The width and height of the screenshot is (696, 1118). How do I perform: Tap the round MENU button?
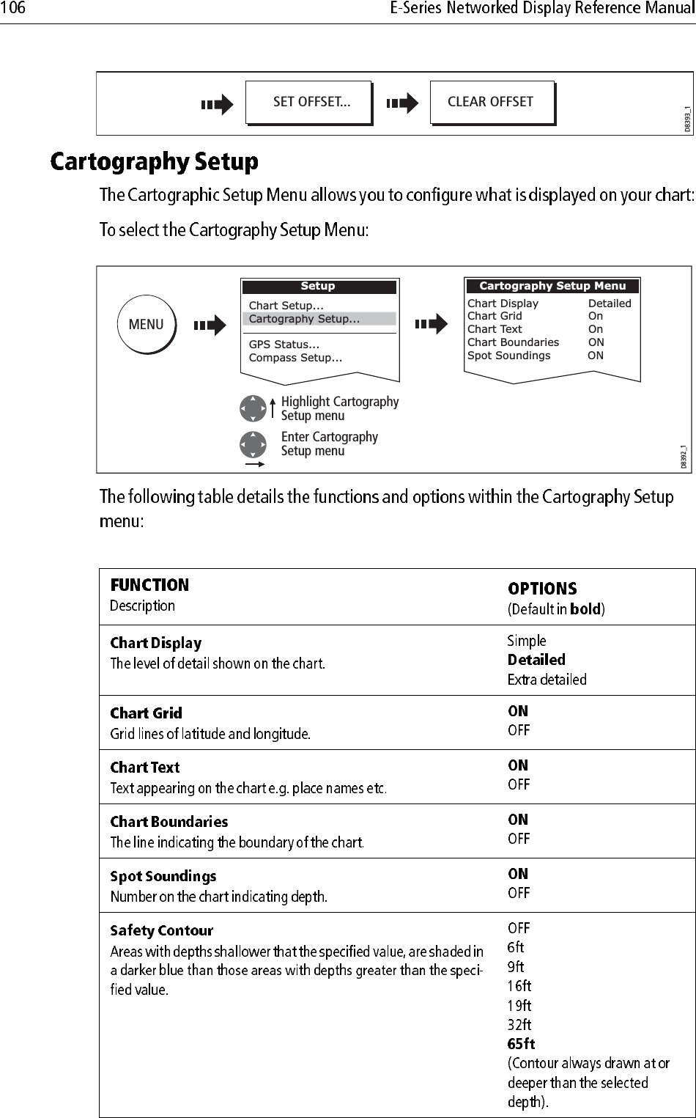[x=146, y=324]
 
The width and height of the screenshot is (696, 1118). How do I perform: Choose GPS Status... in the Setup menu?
[x=284, y=345]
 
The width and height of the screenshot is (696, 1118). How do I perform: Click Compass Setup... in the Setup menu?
[x=295, y=358]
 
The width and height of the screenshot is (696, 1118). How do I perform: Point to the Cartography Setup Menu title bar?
[x=552, y=286]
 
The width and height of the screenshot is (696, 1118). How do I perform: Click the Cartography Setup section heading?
[x=154, y=161]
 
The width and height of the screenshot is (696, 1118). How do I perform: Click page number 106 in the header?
[x=13, y=9]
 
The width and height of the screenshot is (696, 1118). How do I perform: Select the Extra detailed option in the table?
[x=547, y=680]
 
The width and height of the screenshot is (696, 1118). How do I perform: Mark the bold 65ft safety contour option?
[x=521, y=1043]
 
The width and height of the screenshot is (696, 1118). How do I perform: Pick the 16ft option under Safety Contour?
[x=519, y=986]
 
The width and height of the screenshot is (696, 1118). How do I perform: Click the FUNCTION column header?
[x=149, y=585]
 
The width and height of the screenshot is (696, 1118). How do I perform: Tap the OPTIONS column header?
[x=542, y=589]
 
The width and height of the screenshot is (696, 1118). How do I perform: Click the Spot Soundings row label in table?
[x=163, y=876]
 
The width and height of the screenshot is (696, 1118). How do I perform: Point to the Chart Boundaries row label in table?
[x=169, y=822]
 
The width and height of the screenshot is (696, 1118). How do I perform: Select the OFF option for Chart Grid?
[x=519, y=730]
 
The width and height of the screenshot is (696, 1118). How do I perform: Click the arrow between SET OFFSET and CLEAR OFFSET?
[x=401, y=103]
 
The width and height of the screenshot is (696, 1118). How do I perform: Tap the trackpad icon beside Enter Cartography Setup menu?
[x=253, y=444]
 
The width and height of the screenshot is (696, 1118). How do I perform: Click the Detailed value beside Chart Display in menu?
[x=609, y=304]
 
